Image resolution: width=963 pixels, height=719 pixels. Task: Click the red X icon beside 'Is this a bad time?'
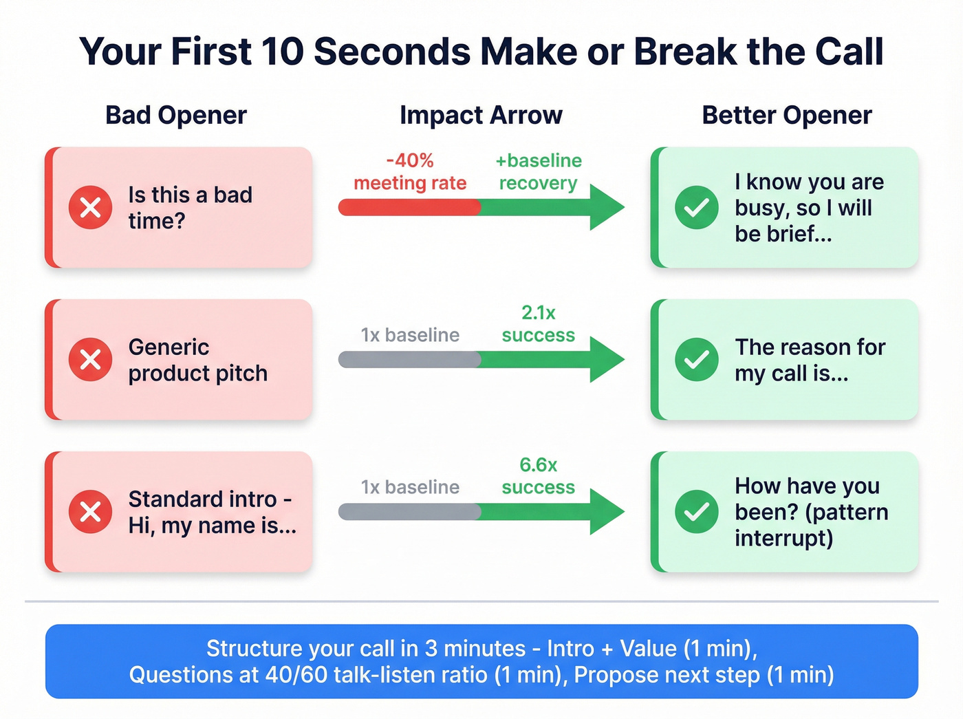(x=90, y=207)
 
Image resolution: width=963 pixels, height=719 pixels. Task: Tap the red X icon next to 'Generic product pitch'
(x=90, y=359)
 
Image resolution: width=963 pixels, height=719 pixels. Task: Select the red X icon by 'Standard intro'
(x=90, y=511)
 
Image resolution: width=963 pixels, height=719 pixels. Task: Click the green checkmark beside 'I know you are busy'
(x=696, y=207)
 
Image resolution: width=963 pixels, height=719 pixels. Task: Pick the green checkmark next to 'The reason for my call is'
(x=696, y=359)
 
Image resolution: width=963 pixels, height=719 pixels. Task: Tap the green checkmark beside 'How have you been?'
(x=696, y=511)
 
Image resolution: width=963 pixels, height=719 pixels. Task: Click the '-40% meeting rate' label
(x=410, y=172)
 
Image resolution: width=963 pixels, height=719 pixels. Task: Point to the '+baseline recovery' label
(x=538, y=172)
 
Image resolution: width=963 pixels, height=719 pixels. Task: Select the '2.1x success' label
(x=538, y=324)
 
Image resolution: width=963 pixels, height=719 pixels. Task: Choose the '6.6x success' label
(x=538, y=476)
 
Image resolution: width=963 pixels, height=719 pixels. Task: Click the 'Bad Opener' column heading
(x=176, y=116)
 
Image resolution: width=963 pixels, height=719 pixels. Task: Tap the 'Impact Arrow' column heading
(x=481, y=116)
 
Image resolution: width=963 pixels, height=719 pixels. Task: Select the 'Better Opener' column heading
(x=786, y=116)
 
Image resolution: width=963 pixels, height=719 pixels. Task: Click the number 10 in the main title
(x=282, y=52)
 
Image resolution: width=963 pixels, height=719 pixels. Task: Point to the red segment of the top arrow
(x=409, y=207)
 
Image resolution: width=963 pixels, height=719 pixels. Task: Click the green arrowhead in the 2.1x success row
(x=605, y=359)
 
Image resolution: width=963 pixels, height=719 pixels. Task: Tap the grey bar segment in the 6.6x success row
(x=409, y=511)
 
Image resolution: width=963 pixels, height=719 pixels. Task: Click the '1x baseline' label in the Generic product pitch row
(x=410, y=335)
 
